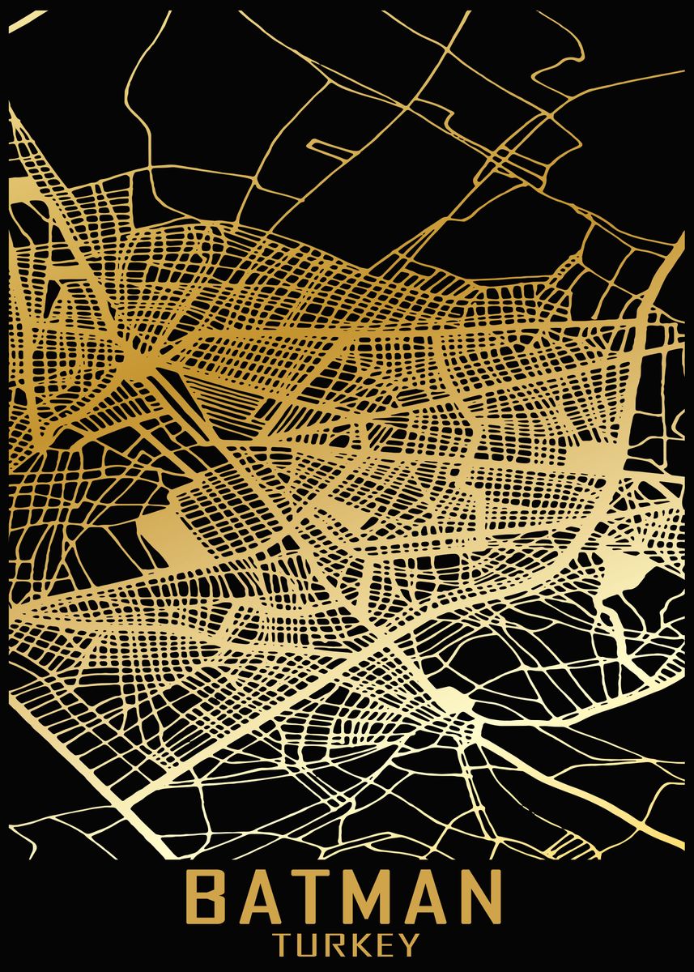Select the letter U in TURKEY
[x=310, y=944]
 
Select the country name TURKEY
[x=347, y=944]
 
